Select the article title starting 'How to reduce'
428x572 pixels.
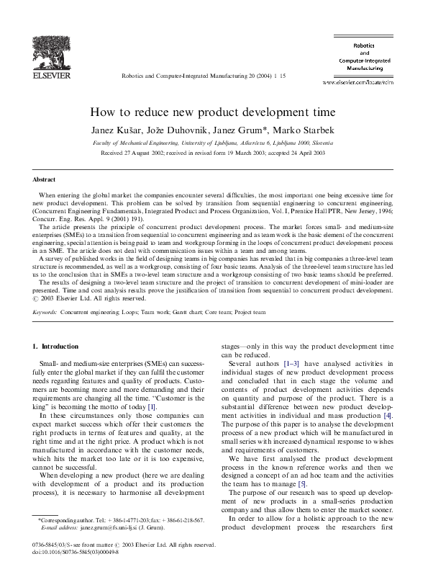214,113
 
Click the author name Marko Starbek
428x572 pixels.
310,128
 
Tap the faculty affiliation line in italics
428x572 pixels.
213,143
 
